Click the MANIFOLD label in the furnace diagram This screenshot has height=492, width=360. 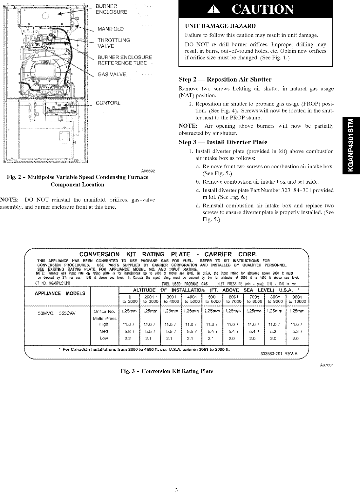111,29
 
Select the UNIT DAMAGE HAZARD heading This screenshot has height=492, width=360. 220,26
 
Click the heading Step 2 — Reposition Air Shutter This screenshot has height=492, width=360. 225,79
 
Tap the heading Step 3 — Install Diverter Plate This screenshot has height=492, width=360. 223,142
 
